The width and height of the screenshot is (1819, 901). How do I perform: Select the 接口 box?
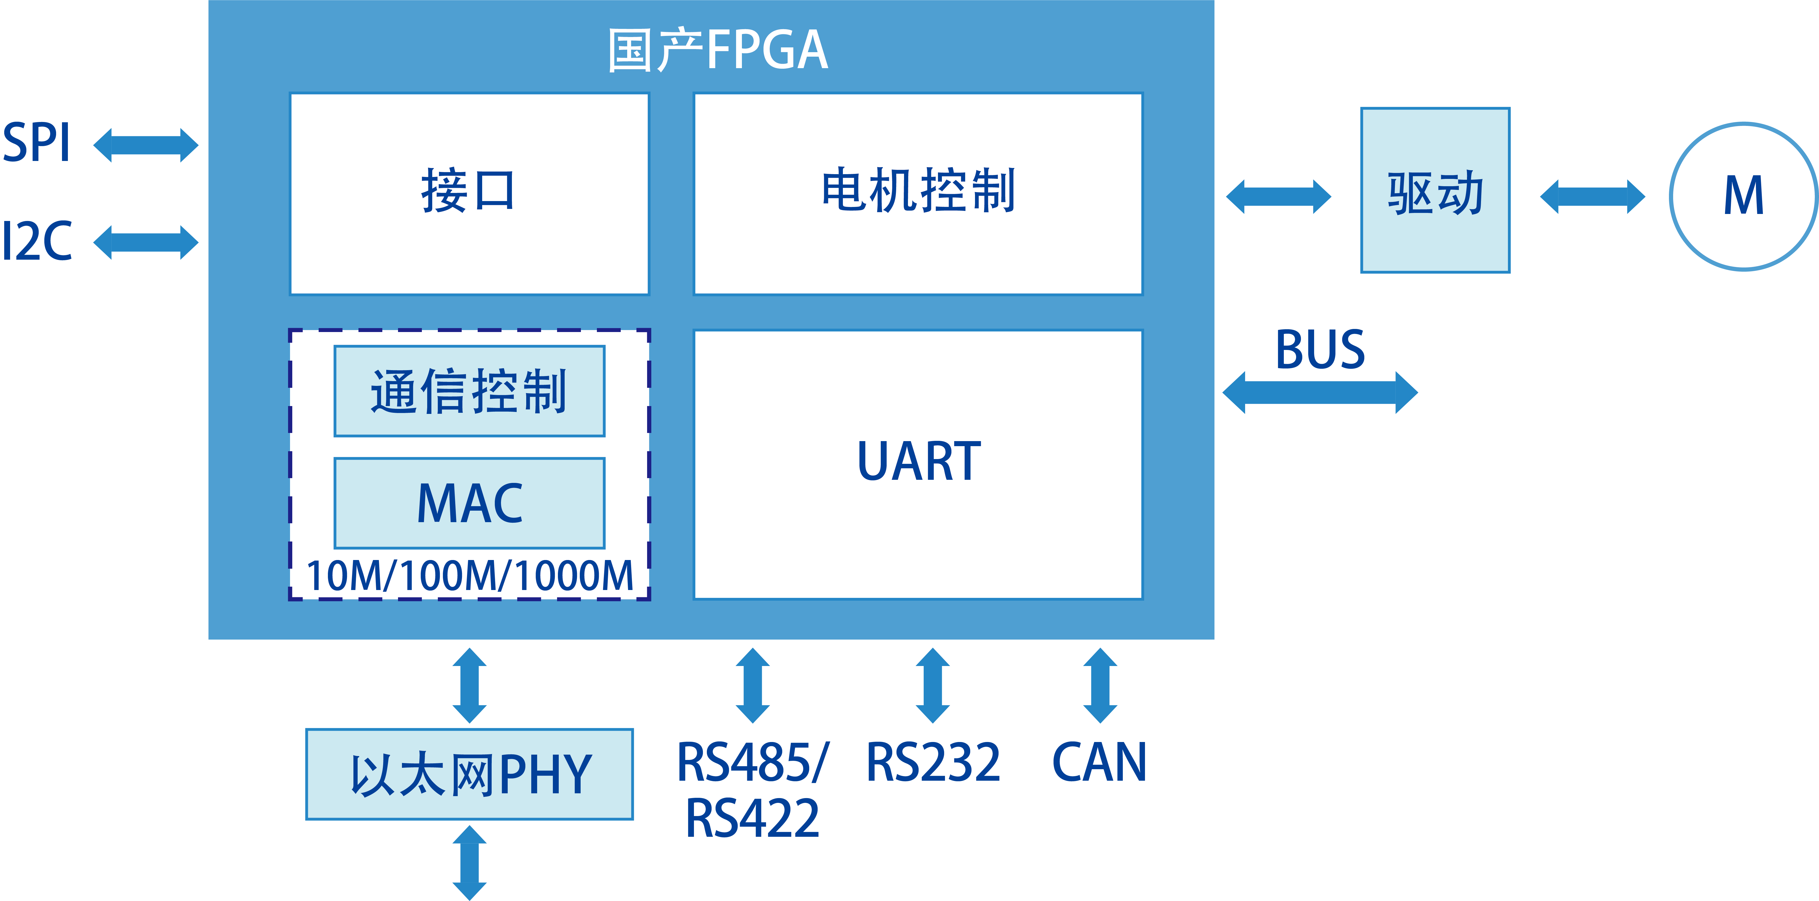469,193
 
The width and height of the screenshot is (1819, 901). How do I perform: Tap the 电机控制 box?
918,193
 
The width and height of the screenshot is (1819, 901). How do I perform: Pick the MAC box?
469,503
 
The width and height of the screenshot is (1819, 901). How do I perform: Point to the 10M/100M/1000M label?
469,575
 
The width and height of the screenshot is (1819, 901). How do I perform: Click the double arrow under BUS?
1320,393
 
